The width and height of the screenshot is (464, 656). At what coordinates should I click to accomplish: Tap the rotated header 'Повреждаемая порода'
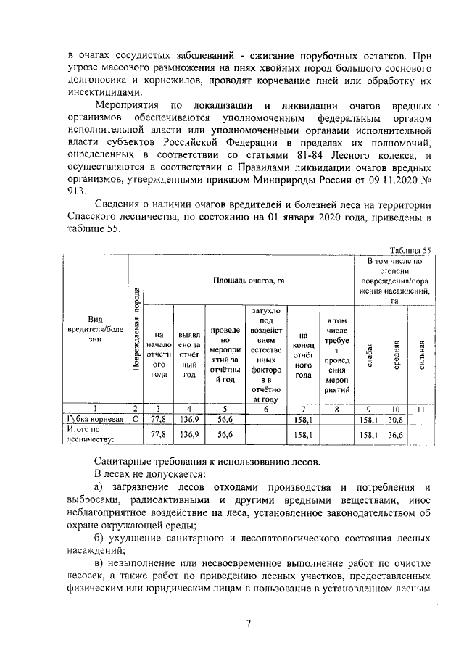click(135, 331)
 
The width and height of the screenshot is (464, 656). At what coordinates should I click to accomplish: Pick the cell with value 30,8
click(395, 418)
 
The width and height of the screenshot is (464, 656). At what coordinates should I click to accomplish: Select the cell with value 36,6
click(395, 433)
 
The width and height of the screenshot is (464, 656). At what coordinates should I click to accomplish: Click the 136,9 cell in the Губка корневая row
click(189, 418)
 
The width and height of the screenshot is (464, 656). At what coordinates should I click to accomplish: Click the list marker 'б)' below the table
click(99, 538)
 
